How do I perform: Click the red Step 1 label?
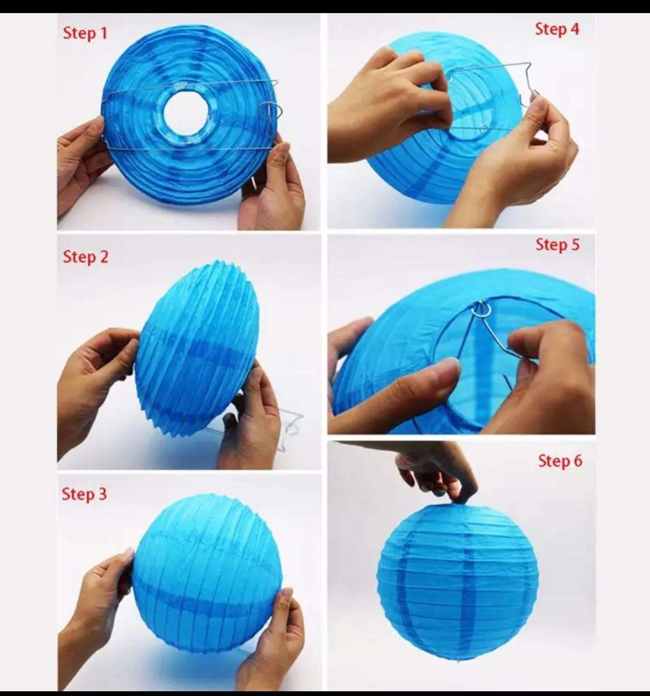tap(85, 34)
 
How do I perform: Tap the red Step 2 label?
tap(85, 257)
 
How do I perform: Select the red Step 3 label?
tap(84, 494)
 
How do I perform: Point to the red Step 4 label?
tap(557, 29)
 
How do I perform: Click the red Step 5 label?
tap(558, 245)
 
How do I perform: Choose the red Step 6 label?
tap(560, 461)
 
